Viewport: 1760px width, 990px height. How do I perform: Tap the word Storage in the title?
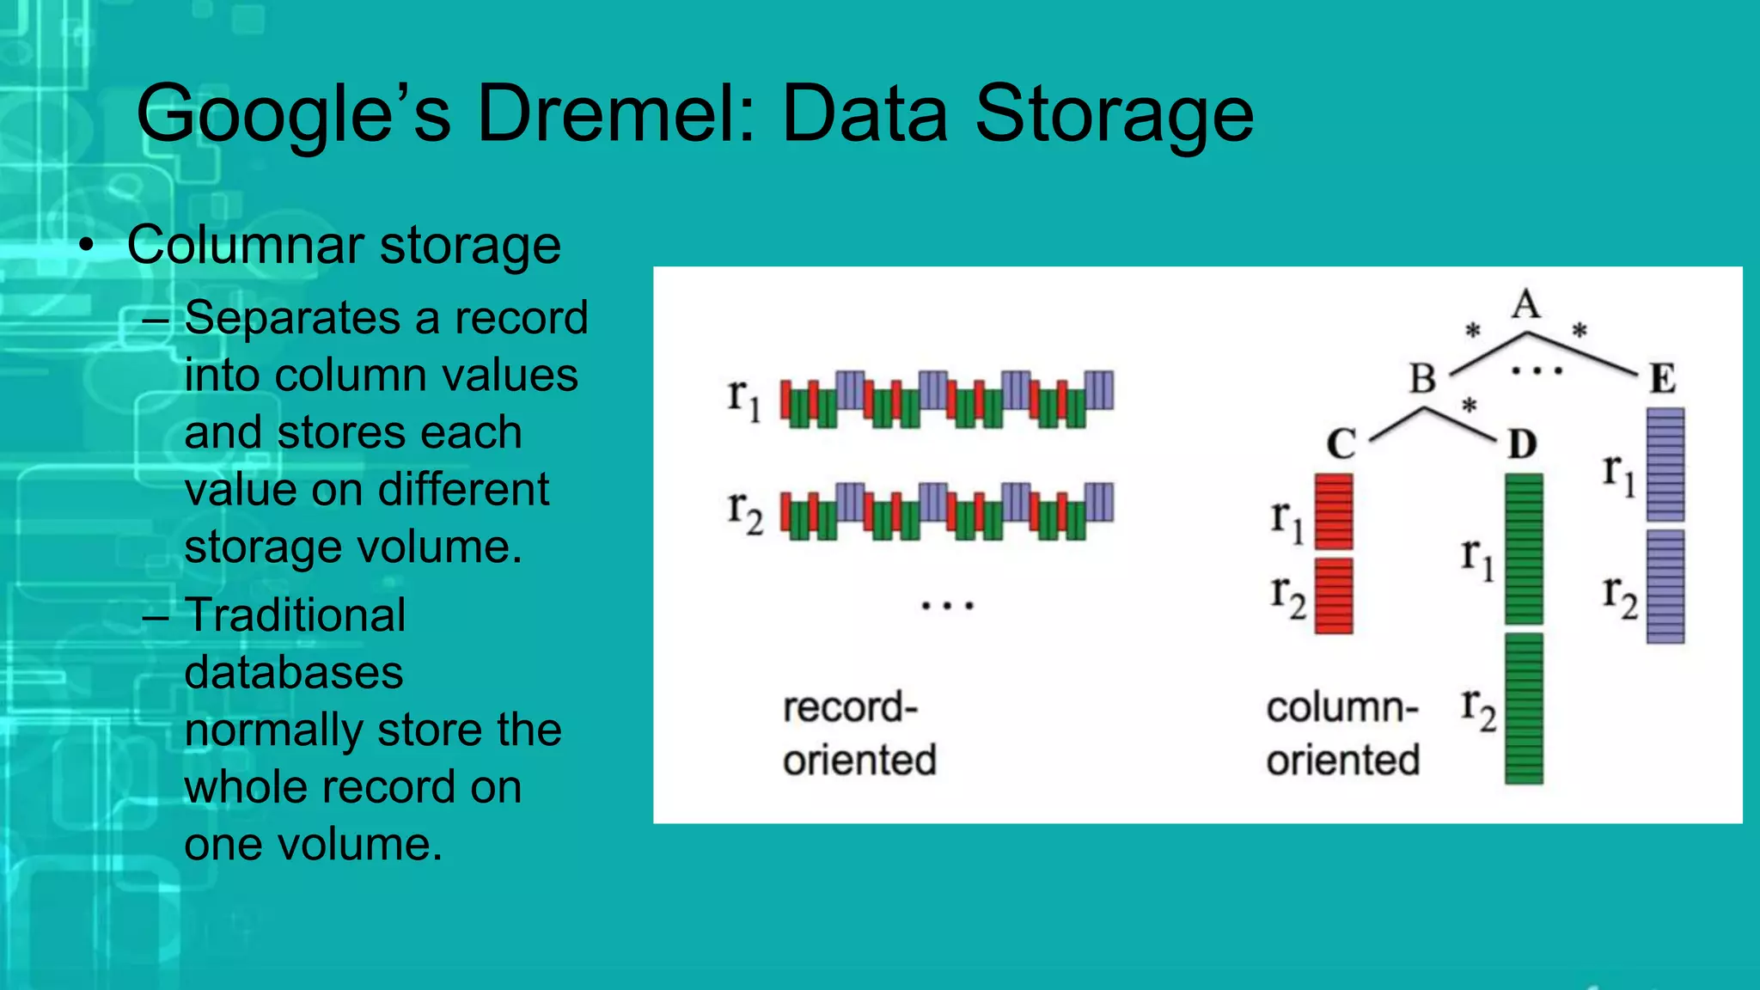coord(1115,114)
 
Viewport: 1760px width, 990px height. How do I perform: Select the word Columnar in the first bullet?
coord(246,245)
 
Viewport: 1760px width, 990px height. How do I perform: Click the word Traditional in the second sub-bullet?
coord(295,615)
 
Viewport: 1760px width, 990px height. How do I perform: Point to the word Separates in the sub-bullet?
coord(292,318)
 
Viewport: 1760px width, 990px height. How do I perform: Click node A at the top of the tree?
coord(1526,304)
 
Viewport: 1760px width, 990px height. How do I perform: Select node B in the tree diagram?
coord(1423,378)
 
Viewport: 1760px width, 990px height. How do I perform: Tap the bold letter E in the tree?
coord(1662,378)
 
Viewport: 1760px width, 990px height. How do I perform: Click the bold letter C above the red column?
coord(1341,444)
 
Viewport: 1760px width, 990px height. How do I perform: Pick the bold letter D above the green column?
coord(1522,444)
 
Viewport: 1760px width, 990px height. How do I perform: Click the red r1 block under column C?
coord(1334,511)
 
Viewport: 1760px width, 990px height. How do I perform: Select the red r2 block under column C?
coord(1334,596)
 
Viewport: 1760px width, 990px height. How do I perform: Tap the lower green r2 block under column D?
coord(1524,708)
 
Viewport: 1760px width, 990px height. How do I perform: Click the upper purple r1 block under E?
coord(1665,465)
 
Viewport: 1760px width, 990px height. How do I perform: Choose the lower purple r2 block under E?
coord(1665,586)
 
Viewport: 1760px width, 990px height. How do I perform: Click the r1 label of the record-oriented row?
coord(743,399)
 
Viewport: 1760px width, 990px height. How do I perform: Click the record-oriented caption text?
coord(858,734)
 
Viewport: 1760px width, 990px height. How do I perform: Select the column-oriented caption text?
coord(1342,734)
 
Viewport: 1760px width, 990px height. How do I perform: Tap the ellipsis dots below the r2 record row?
coord(947,606)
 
